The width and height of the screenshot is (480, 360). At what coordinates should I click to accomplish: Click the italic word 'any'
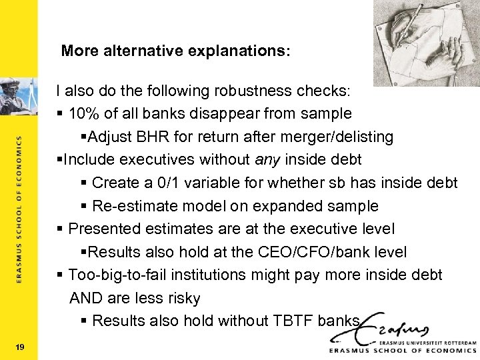267,159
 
